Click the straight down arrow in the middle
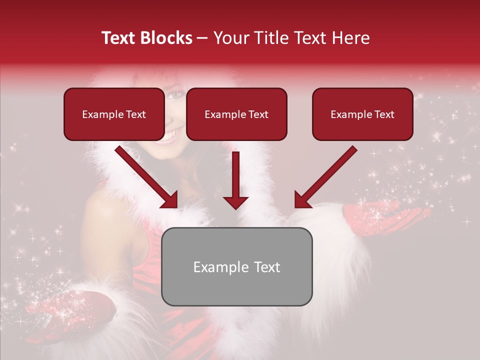235,180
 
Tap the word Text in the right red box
384,114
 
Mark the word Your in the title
230,38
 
